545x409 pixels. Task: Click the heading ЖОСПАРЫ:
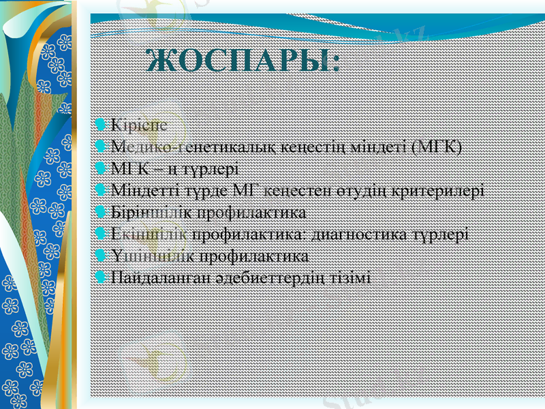pyautogui.click(x=243, y=63)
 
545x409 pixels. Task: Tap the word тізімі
pyautogui.click(x=352, y=278)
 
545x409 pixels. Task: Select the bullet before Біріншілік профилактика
pyautogui.click(x=101, y=211)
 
